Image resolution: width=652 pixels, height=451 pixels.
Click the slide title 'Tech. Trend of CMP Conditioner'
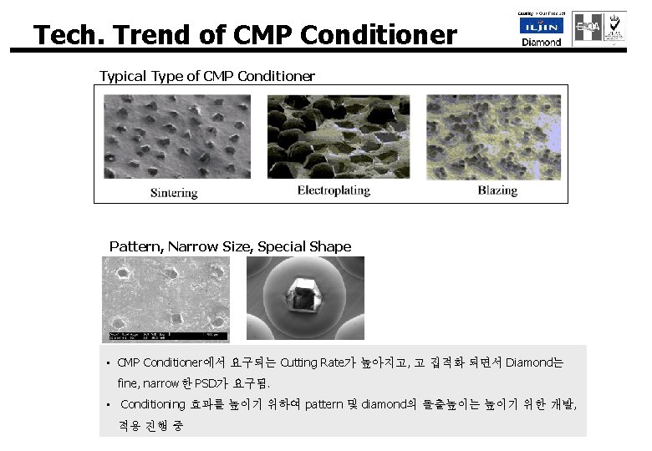click(x=245, y=35)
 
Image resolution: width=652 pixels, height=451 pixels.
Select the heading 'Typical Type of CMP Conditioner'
click(x=207, y=77)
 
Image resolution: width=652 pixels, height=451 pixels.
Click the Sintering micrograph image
click(x=176, y=136)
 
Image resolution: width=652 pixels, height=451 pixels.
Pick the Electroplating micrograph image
click(x=338, y=136)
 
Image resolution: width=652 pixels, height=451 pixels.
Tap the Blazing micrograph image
click(x=493, y=136)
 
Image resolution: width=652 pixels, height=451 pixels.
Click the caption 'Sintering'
click(x=174, y=192)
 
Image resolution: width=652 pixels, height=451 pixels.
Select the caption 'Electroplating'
click(x=334, y=190)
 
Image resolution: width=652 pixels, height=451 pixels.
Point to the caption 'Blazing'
click(x=497, y=190)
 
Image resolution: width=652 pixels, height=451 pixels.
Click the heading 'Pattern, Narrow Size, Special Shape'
click(x=230, y=246)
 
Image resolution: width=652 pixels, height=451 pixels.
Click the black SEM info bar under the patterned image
click(x=165, y=336)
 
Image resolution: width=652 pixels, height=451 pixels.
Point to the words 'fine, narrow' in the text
click(x=147, y=383)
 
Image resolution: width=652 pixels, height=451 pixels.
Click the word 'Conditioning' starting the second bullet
click(x=153, y=404)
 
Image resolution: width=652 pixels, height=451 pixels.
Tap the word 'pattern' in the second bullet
click(x=323, y=404)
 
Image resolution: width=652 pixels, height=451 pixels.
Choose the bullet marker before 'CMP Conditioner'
click(x=109, y=363)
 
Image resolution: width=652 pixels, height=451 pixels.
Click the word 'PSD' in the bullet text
click(x=206, y=383)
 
